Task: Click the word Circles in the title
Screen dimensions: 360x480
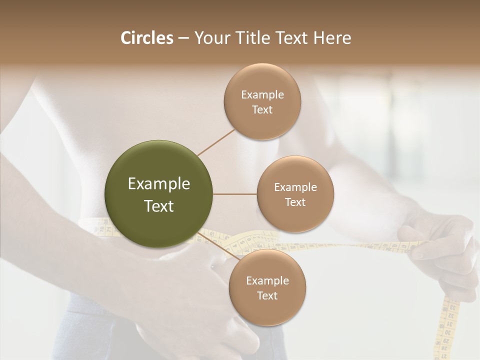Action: (147, 38)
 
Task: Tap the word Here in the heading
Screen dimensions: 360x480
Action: (332, 38)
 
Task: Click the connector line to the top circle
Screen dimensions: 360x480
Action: (216, 142)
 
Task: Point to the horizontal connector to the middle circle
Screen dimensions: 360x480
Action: (235, 194)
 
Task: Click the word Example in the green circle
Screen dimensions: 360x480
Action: (159, 184)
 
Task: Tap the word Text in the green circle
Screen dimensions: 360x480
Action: (159, 206)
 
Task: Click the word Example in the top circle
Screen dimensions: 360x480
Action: (262, 94)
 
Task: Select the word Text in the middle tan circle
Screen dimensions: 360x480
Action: (295, 202)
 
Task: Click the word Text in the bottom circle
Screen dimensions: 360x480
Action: (267, 295)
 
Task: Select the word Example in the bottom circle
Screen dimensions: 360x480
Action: (267, 280)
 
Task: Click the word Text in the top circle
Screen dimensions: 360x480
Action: (262, 109)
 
